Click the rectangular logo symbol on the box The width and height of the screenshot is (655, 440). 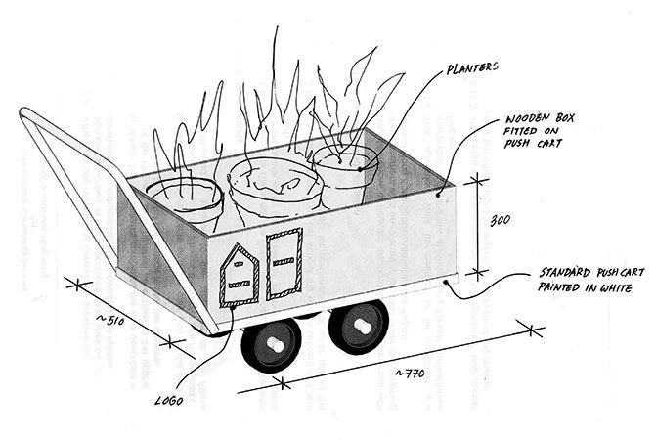click(x=284, y=263)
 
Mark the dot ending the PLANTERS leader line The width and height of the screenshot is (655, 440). click(x=362, y=168)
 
